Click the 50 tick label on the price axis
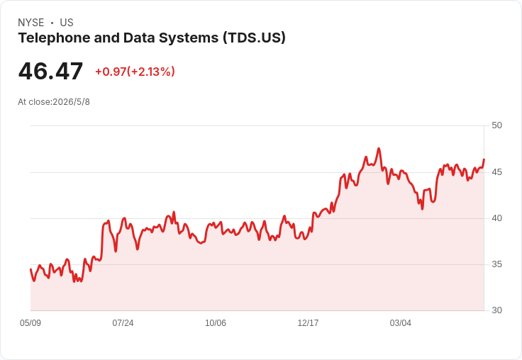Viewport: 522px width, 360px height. (x=496, y=125)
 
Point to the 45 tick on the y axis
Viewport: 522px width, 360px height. (x=496, y=172)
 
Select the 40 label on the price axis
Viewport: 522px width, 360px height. (x=496, y=218)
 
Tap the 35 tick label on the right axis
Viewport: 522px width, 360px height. (x=496, y=264)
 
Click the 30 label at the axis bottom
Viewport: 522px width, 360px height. (x=496, y=310)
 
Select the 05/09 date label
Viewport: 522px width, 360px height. (x=30, y=323)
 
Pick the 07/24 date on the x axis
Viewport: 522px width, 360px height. (x=123, y=323)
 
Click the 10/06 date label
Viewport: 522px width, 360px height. (x=216, y=323)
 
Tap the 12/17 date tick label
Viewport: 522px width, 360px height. (x=308, y=323)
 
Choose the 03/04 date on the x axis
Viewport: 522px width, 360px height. (x=401, y=323)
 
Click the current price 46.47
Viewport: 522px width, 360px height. (x=50, y=72)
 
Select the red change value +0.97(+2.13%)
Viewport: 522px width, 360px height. (x=135, y=72)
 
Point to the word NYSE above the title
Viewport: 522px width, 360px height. (x=31, y=23)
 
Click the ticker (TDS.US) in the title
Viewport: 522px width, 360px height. (x=255, y=38)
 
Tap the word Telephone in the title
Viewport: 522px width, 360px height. (x=55, y=38)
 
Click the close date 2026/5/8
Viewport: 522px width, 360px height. (x=71, y=102)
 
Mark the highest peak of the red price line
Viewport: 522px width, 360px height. (x=379, y=149)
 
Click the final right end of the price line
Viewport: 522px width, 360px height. (x=484, y=159)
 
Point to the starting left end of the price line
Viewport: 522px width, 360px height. (x=30, y=269)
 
